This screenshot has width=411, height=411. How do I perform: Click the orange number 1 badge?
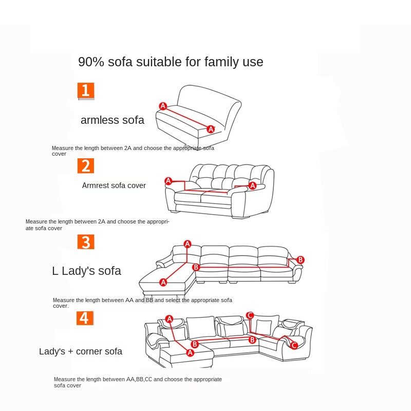tap(86, 90)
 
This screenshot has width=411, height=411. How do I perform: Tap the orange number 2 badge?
tap(86, 165)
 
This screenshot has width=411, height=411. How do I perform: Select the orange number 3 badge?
tap(86, 241)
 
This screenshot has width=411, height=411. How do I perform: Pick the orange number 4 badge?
tap(85, 317)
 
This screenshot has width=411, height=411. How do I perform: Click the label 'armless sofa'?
tap(113, 120)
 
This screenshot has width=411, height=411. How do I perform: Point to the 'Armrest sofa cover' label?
tap(114, 185)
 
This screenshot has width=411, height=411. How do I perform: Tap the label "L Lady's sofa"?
tap(86, 271)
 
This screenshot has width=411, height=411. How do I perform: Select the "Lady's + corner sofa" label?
tap(81, 351)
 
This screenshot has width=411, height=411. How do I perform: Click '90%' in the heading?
tap(91, 62)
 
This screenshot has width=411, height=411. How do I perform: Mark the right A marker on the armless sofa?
tap(211, 129)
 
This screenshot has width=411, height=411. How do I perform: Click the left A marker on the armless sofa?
tap(163, 106)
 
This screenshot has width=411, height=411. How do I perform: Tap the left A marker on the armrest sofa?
tap(168, 181)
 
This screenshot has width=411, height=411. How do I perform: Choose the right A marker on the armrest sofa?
tap(252, 185)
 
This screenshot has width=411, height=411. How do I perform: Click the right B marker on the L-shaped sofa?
tap(301, 260)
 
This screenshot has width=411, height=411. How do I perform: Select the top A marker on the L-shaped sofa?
tap(188, 244)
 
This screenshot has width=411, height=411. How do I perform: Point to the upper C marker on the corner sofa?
tap(250, 315)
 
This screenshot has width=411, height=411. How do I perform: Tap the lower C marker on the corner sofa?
tap(294, 345)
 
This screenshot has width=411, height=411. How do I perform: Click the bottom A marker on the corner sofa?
tap(190, 352)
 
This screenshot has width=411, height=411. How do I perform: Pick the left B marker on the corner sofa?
tap(195, 344)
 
